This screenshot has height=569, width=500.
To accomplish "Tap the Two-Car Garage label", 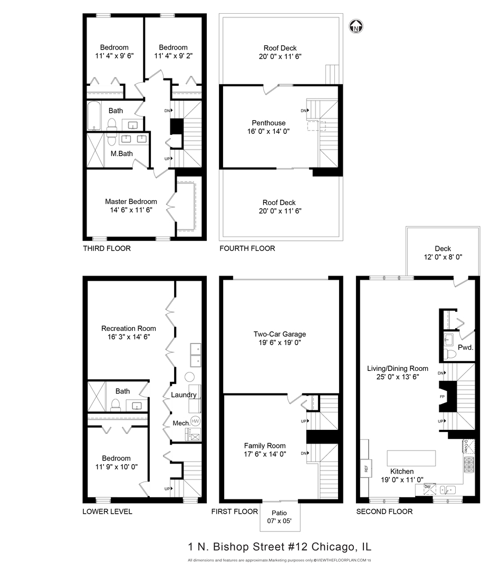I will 280,334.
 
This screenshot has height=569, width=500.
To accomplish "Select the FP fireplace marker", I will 442,396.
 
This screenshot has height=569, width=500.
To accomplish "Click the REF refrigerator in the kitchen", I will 364,467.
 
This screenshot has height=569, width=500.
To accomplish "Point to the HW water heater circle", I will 195,421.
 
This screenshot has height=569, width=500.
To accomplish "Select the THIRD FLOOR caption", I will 107,248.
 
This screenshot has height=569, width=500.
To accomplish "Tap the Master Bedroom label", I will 131,201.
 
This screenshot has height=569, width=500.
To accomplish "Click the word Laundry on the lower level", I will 184,395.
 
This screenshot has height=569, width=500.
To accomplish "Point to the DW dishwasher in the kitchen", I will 428,486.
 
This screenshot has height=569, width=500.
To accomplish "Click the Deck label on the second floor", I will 443,249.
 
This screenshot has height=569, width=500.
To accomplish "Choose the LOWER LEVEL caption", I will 107,512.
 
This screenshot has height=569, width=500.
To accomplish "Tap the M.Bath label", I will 121,154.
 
